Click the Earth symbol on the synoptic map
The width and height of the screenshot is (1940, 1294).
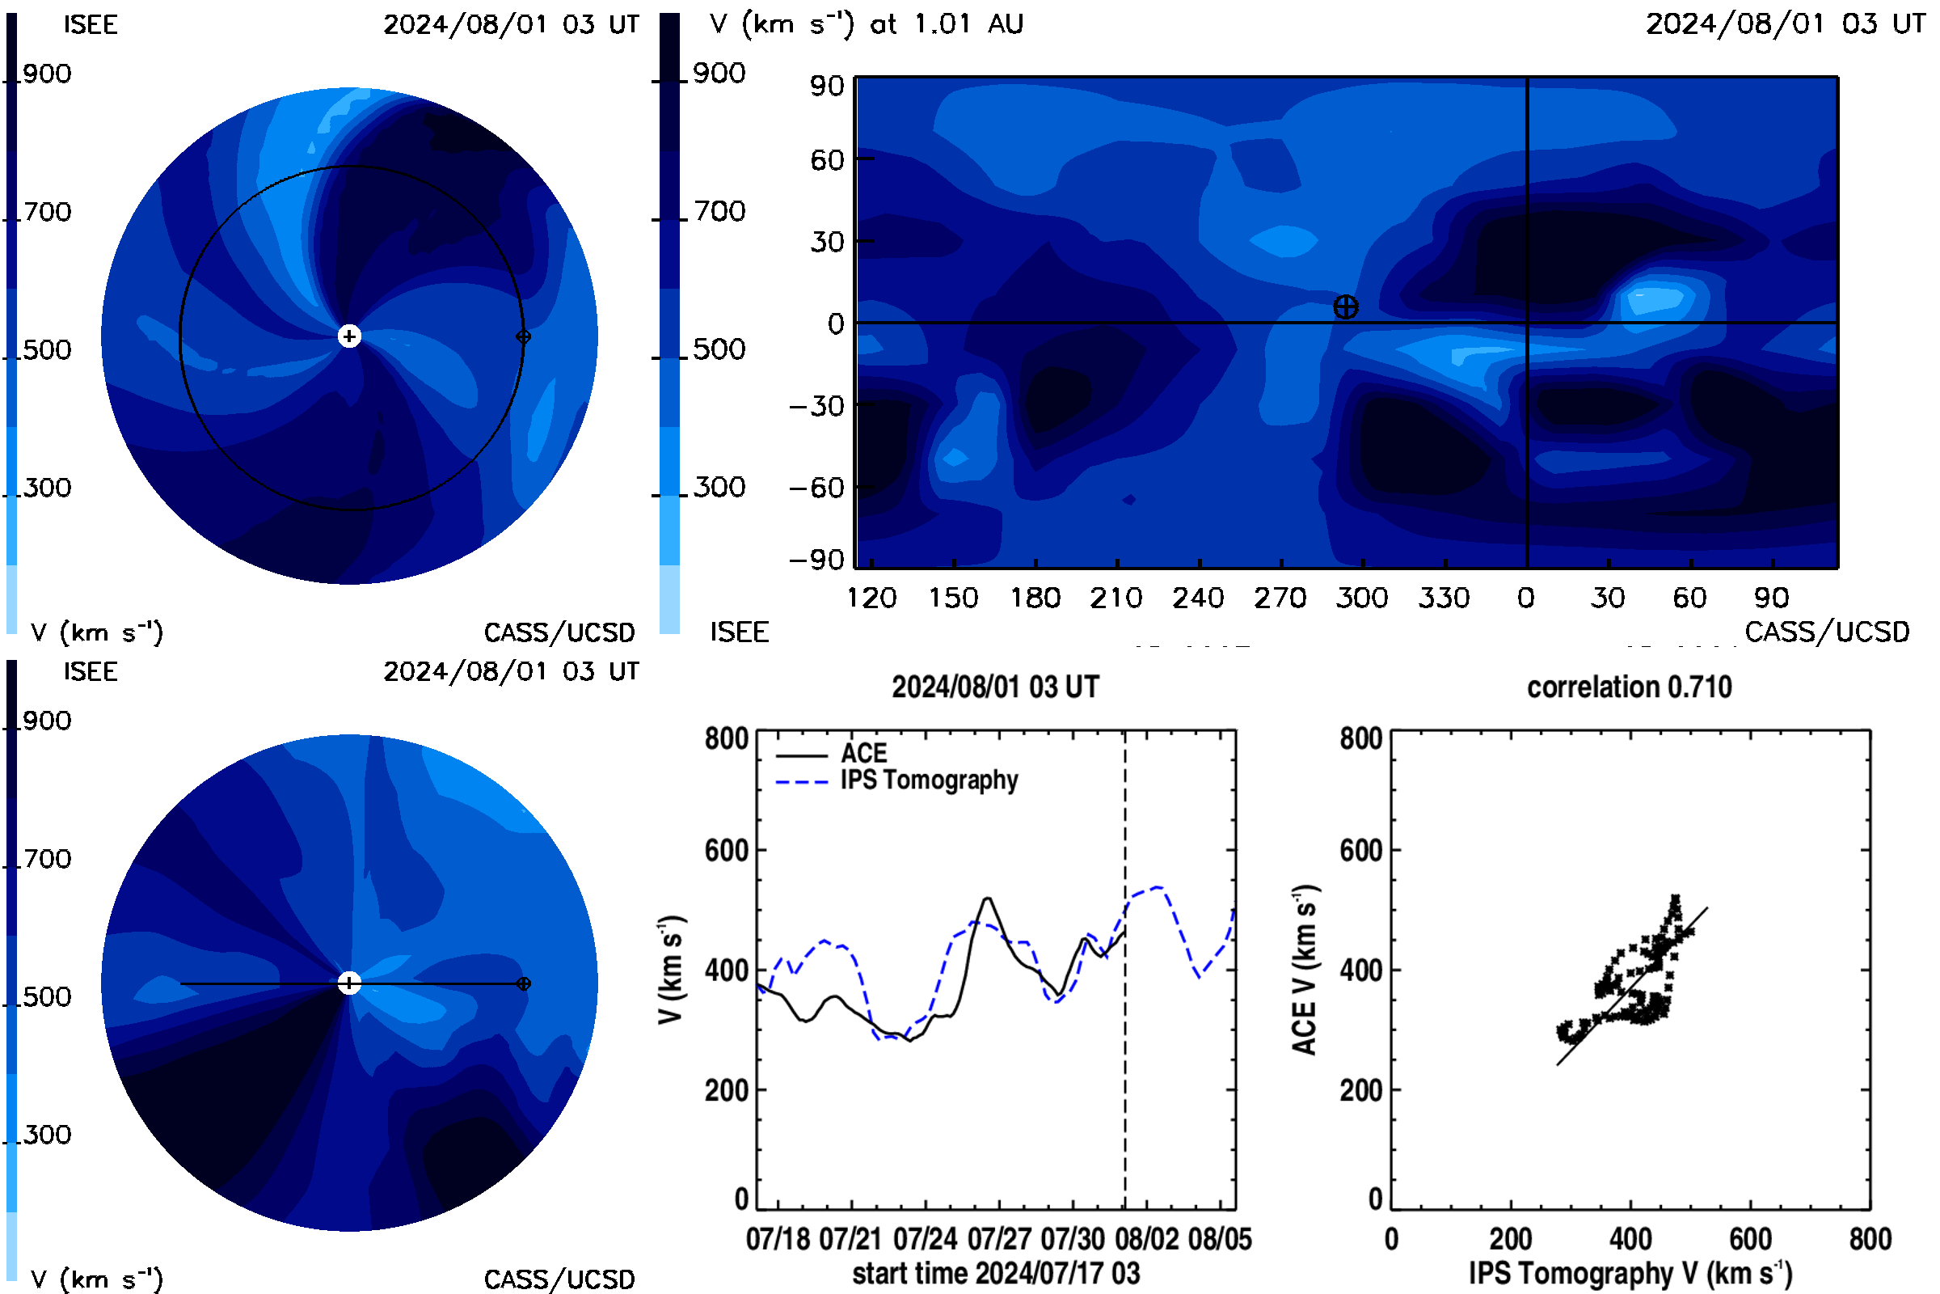tap(1345, 307)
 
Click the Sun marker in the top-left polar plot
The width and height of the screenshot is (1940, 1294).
tap(350, 336)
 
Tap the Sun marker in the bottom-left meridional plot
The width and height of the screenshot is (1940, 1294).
tap(350, 983)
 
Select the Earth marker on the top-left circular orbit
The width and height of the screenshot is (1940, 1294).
tap(523, 336)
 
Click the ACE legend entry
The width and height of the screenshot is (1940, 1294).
tap(863, 753)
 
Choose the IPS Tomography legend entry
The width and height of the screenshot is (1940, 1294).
tap(930, 780)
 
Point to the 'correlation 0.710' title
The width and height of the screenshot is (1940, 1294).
tap(1629, 687)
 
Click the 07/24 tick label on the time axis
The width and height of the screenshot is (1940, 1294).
tap(926, 1239)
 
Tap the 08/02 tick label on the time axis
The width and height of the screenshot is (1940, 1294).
tap(1146, 1239)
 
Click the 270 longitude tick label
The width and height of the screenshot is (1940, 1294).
tap(1280, 598)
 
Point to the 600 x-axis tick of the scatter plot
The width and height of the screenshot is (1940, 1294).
tap(1750, 1239)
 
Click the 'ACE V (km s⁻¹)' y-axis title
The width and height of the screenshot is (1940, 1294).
tap(1305, 970)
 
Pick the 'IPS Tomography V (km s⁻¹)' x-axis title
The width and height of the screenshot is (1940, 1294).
tap(1630, 1273)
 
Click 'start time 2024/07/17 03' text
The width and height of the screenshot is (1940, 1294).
tap(996, 1273)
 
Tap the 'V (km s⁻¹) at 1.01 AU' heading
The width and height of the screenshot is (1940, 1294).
tap(866, 24)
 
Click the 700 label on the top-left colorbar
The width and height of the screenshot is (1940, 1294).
tap(47, 212)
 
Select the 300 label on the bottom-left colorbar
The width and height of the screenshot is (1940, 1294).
tap(47, 1135)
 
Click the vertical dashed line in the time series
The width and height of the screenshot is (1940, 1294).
tap(1124, 970)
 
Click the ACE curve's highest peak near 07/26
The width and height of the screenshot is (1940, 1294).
tap(986, 899)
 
